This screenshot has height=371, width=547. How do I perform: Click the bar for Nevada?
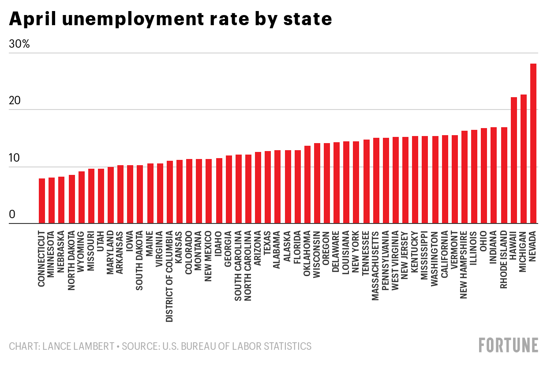[x=533, y=144]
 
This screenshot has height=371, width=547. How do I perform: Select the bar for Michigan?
[x=523, y=159]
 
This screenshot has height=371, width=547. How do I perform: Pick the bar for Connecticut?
[x=42, y=201]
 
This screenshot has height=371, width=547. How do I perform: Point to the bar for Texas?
[x=268, y=187]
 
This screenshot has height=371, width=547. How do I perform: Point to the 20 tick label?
[x=15, y=101]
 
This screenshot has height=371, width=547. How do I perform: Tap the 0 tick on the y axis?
[x=12, y=215]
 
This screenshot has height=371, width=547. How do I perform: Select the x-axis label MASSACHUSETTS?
[x=376, y=265]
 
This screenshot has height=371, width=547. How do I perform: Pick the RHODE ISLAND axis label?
[x=504, y=261]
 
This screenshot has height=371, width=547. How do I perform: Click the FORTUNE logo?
[x=509, y=345]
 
